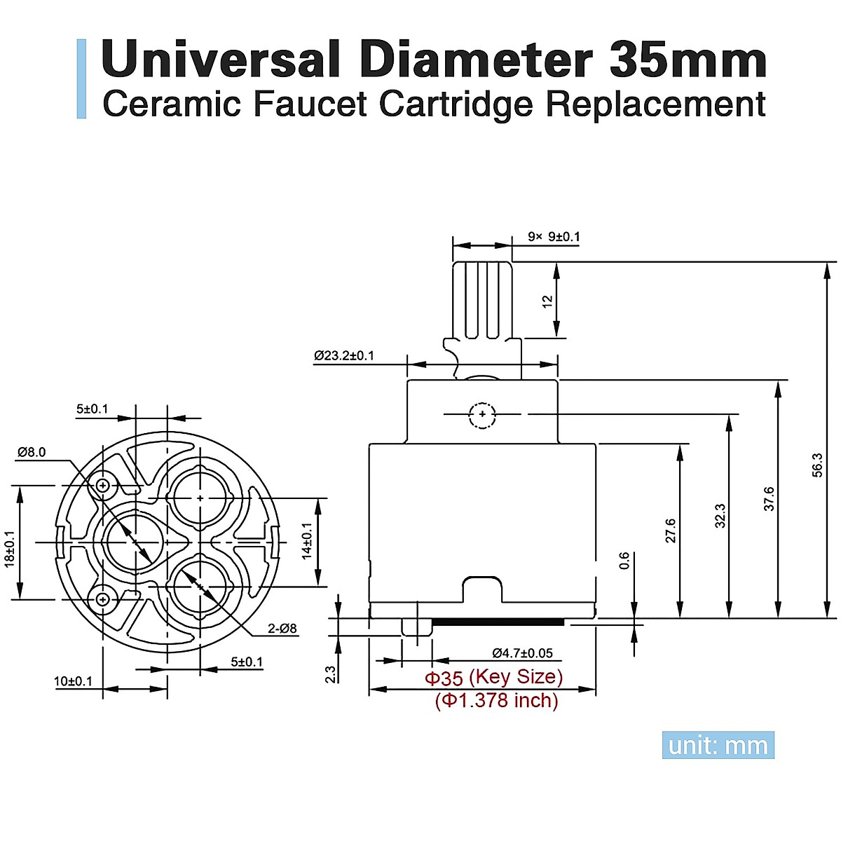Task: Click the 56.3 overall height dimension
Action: point(818,465)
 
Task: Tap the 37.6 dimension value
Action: point(770,498)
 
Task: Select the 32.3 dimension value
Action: point(720,516)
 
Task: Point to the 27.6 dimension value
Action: point(671,531)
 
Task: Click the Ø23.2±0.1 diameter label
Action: point(344,356)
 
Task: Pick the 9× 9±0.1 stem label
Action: point(554,237)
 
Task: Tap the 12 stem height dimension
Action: point(547,301)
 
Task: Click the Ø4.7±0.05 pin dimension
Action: point(522,653)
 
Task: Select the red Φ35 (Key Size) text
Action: point(494,678)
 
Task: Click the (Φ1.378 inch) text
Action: point(496,700)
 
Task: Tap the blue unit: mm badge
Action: point(718,745)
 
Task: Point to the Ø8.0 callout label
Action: point(32,452)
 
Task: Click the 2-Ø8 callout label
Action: point(282,629)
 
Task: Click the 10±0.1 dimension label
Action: point(73,681)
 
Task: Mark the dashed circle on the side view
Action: point(482,415)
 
